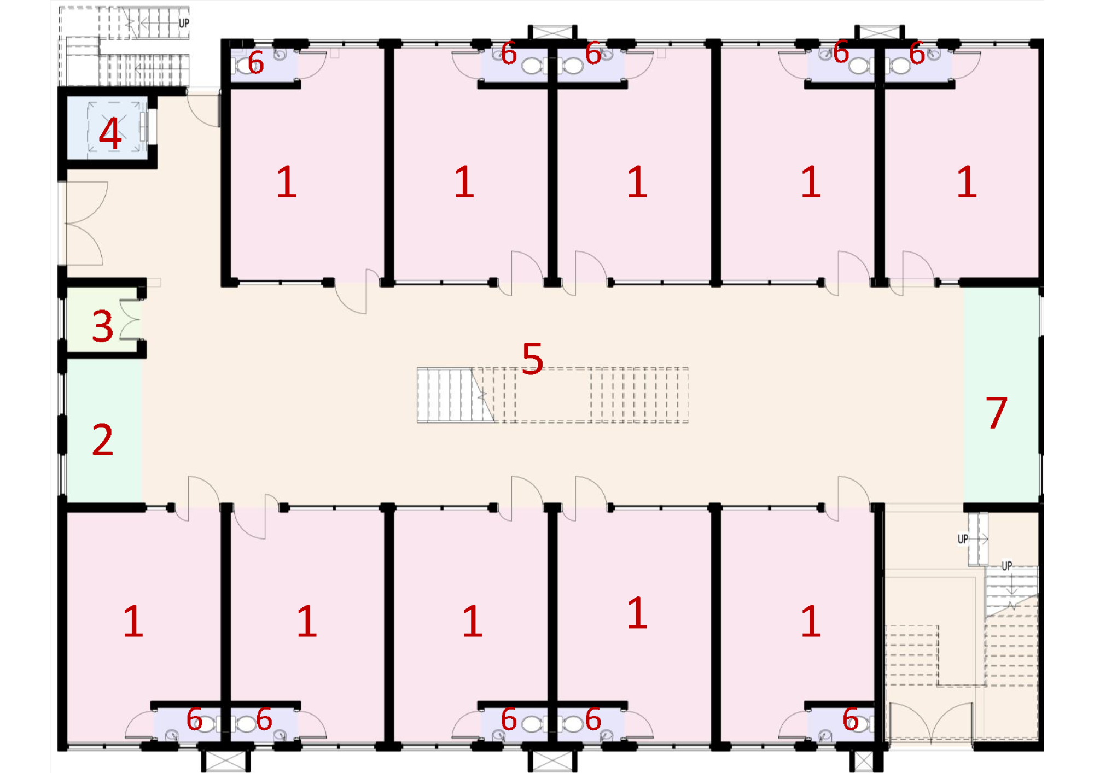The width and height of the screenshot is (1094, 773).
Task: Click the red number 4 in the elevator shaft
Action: [110, 133]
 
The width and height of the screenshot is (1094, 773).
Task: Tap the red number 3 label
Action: [102, 326]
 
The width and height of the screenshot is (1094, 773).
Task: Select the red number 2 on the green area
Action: [102, 440]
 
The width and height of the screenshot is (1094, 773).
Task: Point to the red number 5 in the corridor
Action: [532, 358]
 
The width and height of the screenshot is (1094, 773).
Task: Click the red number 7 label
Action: [996, 413]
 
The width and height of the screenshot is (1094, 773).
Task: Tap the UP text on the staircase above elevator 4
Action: [184, 23]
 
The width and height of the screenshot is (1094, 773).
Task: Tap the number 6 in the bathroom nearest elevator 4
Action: [255, 62]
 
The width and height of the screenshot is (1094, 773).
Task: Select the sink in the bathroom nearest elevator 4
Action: [280, 54]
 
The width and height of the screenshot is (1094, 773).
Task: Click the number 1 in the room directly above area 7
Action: [967, 181]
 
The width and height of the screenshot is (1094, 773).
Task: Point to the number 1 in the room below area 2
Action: [133, 621]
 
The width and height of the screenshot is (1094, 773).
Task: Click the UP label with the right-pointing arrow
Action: [963, 539]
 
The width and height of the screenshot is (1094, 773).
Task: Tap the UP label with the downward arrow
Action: [1006, 566]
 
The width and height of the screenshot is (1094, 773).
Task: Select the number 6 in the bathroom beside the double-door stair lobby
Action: [850, 719]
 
